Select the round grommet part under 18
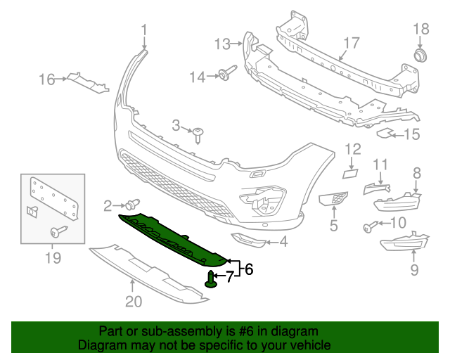pyautogui.click(x=420, y=55)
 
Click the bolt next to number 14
pyautogui.click(x=228, y=74)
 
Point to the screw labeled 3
pyautogui.click(x=200, y=134)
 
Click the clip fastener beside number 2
pyautogui.click(x=131, y=205)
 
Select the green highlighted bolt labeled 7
pyautogui.click(x=212, y=279)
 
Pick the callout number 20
pyautogui.click(x=134, y=302)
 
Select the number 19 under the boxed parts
pyautogui.click(x=53, y=259)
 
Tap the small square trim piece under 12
pyautogui.click(x=349, y=172)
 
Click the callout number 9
pyautogui.click(x=414, y=269)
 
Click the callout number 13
pyautogui.click(x=222, y=44)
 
